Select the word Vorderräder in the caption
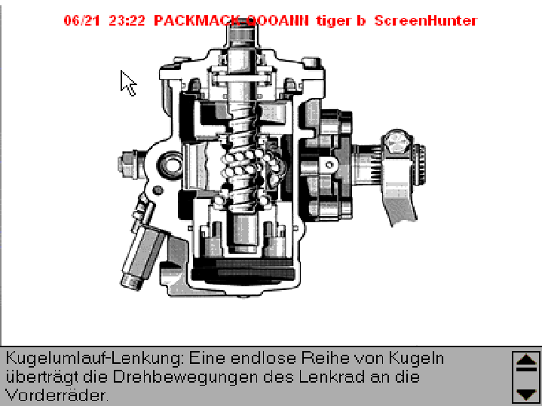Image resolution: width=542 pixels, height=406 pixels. pyautogui.click(x=57, y=394)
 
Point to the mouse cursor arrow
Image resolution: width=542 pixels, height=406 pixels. pyautogui.click(x=127, y=81)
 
